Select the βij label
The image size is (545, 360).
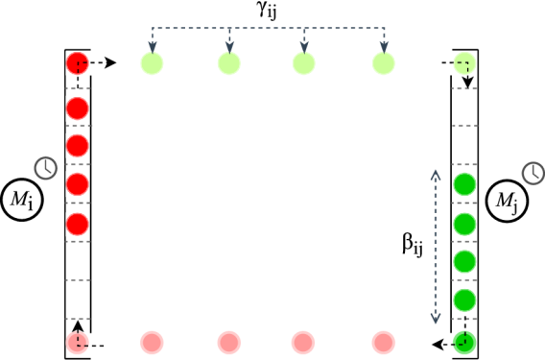413,244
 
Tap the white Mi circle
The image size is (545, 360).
21,200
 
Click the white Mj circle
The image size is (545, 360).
506,202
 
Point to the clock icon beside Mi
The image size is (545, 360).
45,168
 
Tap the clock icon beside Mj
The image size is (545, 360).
533,173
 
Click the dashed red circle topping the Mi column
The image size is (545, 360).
78,63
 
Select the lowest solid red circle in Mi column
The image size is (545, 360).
78,224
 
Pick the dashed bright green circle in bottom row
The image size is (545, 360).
464,342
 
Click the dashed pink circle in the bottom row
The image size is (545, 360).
78,342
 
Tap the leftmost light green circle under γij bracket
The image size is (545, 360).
152,63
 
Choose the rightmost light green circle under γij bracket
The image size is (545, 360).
383,63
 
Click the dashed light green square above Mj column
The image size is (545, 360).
464,63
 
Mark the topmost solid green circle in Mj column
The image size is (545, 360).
464,183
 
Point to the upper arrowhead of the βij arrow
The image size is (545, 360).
435,174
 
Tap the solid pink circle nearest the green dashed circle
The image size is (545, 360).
383,342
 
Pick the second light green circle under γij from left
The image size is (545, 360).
228,63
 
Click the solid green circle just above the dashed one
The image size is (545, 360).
464,300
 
